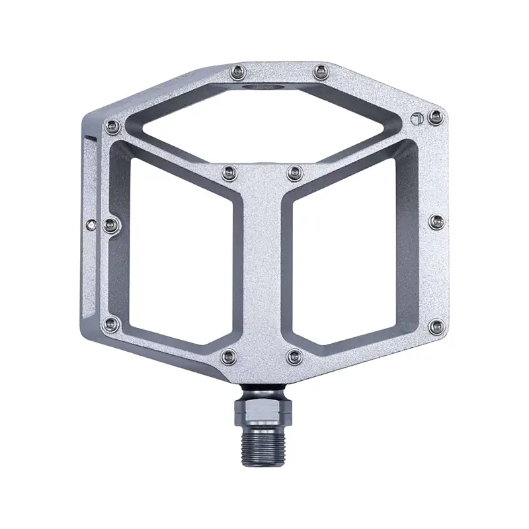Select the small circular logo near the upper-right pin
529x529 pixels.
click(x=415, y=119)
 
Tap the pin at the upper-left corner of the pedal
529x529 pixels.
click(x=113, y=126)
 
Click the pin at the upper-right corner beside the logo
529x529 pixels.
click(x=434, y=118)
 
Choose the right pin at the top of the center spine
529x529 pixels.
click(x=294, y=174)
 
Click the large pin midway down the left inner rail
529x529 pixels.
click(x=111, y=222)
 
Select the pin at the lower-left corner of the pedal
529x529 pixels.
click(x=112, y=323)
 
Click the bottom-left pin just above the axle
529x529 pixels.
click(x=229, y=356)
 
